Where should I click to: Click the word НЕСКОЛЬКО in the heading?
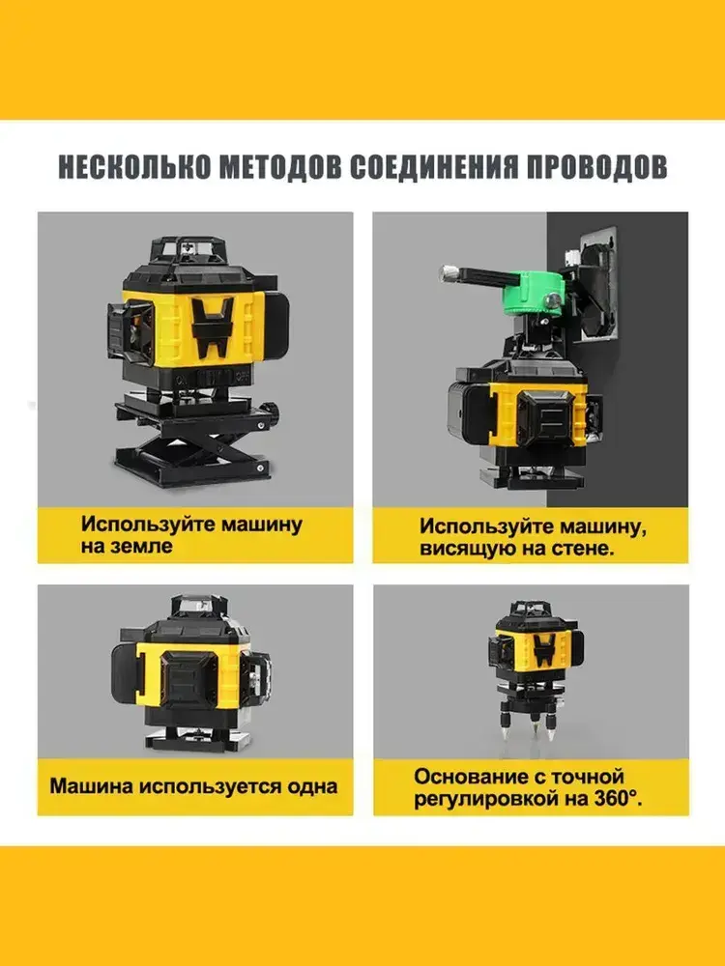point(134,166)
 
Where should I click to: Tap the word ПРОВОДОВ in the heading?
point(596,166)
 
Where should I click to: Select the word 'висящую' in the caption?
point(459,549)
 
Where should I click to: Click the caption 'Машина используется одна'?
point(193,786)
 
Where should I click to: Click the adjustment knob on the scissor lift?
point(269,410)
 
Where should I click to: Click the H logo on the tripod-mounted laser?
point(543,650)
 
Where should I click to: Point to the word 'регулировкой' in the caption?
point(479,800)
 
